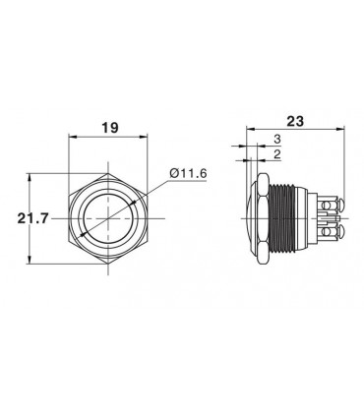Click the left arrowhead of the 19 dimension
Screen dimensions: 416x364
point(70,140)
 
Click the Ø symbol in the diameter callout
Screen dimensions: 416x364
point(173,174)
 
